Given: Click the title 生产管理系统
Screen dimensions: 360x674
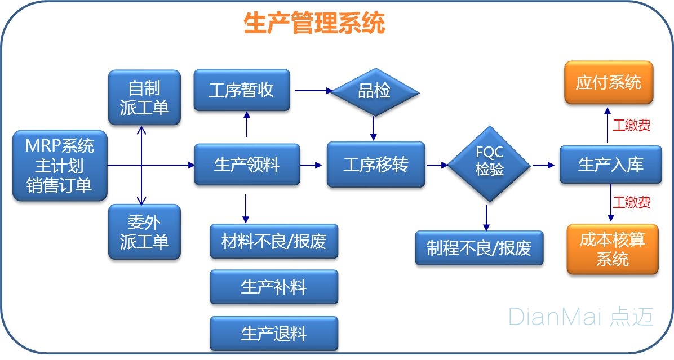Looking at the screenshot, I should pyautogui.click(x=314, y=24).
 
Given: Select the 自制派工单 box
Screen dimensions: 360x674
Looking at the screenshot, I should pyautogui.click(x=144, y=97).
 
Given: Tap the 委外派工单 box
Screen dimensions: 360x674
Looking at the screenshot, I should pyautogui.click(x=144, y=232).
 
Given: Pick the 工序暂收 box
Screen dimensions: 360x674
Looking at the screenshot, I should pyautogui.click(x=241, y=90).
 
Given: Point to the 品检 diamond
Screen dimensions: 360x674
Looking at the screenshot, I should pyautogui.click(x=374, y=91).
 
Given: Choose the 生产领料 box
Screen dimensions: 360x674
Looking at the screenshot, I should pyautogui.click(x=247, y=165).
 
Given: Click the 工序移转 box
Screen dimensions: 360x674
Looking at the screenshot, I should pyautogui.click(x=376, y=165).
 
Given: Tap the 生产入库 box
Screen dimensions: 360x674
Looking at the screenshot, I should pyautogui.click(x=610, y=165).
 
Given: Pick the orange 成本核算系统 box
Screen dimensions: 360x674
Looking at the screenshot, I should pyautogui.click(x=612, y=250).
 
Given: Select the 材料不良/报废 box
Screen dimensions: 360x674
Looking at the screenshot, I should pyautogui.click(x=274, y=242).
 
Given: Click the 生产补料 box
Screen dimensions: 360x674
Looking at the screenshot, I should pyautogui.click(x=274, y=287).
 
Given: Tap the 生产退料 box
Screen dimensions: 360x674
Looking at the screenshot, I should pyautogui.click(x=274, y=334).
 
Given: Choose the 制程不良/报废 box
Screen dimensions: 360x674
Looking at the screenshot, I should pyautogui.click(x=479, y=248).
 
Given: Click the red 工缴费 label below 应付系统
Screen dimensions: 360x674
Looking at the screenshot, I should pyautogui.click(x=631, y=126).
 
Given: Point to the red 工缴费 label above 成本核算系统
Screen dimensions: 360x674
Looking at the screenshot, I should pyautogui.click(x=631, y=202).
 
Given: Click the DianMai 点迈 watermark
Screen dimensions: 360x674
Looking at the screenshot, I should pyautogui.click(x=580, y=317).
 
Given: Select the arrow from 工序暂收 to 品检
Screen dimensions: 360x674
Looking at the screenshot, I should pyautogui.click(x=313, y=90).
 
